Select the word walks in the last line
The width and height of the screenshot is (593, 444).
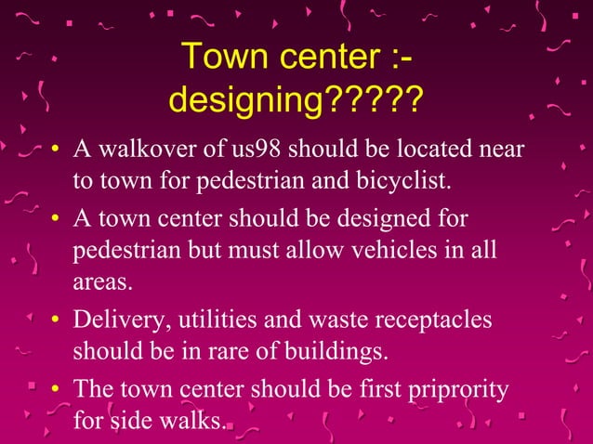(x=194, y=422)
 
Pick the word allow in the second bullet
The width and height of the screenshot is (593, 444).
(x=315, y=250)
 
